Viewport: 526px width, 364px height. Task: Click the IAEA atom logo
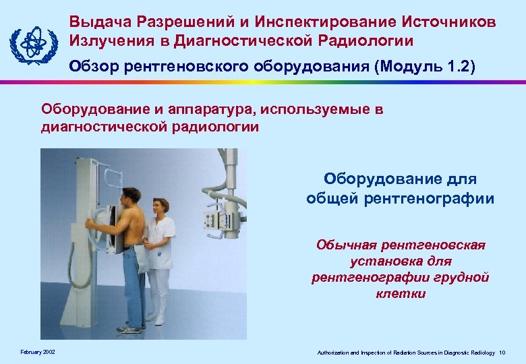click(30, 42)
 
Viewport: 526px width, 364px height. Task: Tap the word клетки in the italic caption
click(401, 293)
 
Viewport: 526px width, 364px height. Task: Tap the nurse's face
click(162, 207)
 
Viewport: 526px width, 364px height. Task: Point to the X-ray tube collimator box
click(219, 218)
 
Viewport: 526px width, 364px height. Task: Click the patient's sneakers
click(129, 328)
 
